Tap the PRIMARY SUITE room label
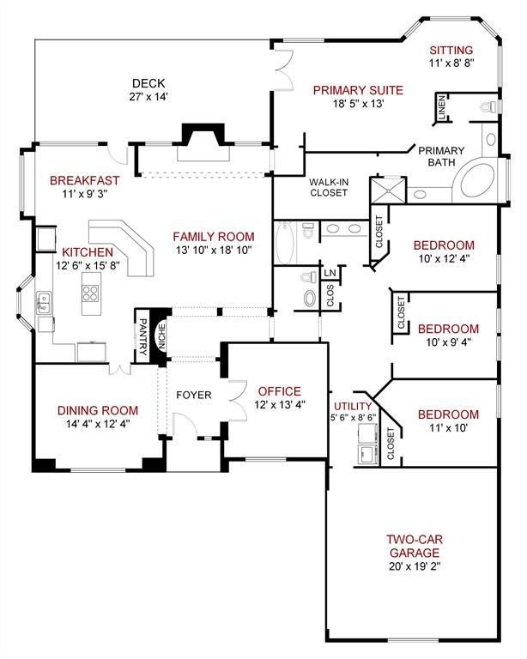click(x=358, y=89)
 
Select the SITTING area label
click(x=451, y=50)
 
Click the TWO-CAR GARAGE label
click(x=414, y=547)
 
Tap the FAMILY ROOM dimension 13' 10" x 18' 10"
click(x=214, y=251)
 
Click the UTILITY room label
click(x=354, y=406)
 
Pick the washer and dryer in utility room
click(x=366, y=454)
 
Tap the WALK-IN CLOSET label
click(x=329, y=187)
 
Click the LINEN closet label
click(x=441, y=109)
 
